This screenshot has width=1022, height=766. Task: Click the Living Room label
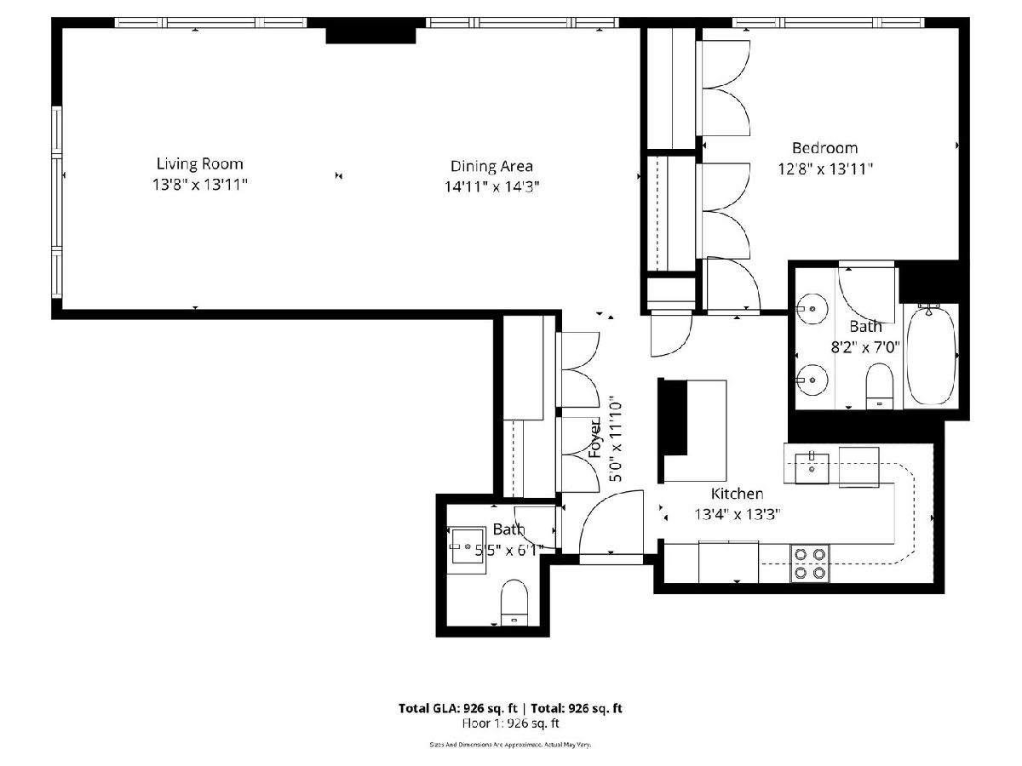200,163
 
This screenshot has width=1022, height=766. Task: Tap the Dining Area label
491,166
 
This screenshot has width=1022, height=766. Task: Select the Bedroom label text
824,148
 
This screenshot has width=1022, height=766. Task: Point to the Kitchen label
737,494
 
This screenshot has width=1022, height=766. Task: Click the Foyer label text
595,438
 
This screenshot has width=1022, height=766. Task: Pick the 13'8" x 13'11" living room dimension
200,185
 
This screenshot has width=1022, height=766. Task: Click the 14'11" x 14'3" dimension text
491,187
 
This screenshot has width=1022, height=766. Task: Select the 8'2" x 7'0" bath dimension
865,347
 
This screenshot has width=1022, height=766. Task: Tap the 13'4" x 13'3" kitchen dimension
737,514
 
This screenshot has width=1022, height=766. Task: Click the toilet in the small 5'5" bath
514,603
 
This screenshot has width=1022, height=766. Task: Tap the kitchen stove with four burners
810,563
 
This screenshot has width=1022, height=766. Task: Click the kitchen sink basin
812,469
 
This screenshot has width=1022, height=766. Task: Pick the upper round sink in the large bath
811,309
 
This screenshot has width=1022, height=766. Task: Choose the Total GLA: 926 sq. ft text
457,708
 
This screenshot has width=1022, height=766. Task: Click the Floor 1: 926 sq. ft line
510,723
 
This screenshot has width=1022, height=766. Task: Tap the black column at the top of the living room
370,36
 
